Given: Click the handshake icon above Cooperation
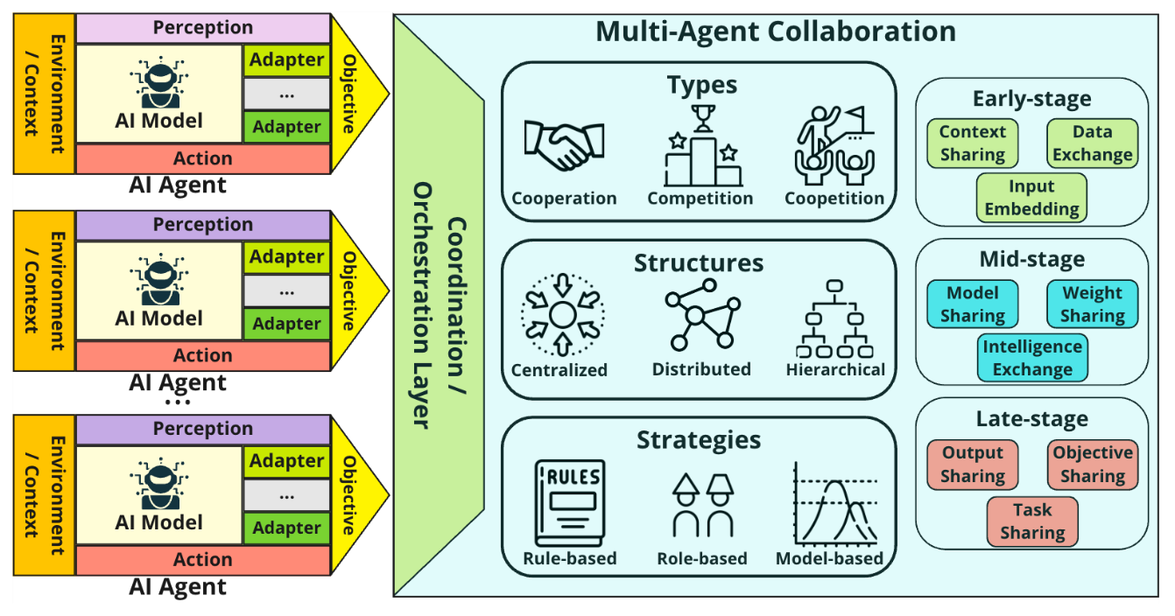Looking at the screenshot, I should (563, 143).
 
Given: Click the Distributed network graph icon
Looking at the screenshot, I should (700, 314).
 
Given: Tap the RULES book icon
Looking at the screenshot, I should (569, 502).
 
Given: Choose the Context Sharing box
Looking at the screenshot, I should (972, 143).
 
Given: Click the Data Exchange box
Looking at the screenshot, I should (1092, 143).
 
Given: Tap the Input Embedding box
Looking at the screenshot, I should (1031, 198).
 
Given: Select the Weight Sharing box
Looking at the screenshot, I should (1092, 304).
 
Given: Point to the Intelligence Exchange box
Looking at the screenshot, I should (1032, 358).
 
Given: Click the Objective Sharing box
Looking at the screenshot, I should (1092, 465).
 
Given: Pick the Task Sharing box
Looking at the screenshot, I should (1032, 521).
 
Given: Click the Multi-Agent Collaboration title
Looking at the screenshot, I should (775, 31).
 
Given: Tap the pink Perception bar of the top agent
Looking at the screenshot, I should (203, 28).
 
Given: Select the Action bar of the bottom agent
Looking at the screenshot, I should (203, 559).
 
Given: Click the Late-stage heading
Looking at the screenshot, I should (1031, 419).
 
